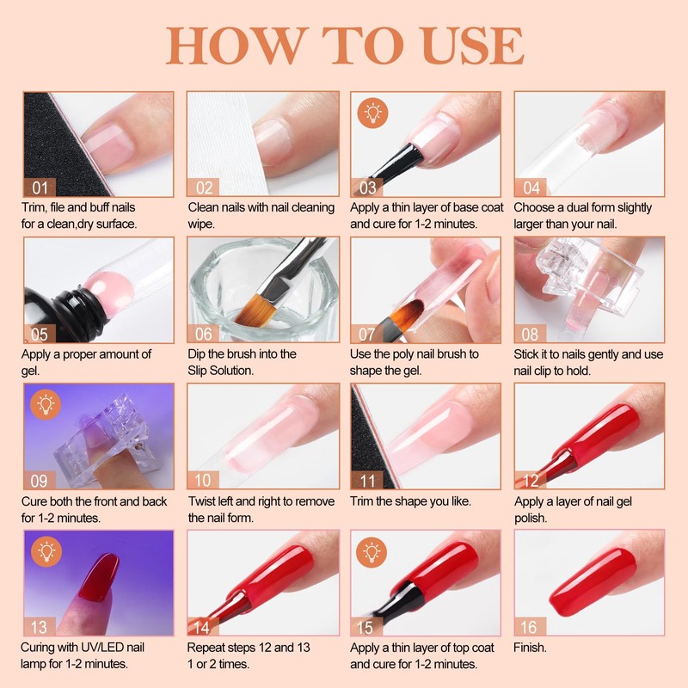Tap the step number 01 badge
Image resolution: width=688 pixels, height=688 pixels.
tap(40, 187)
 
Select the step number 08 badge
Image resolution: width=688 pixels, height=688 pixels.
tap(530, 334)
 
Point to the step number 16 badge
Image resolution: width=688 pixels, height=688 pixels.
tap(530, 627)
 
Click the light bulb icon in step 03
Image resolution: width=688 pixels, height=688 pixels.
tap(372, 113)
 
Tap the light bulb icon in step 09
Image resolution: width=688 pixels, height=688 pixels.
tap(46, 404)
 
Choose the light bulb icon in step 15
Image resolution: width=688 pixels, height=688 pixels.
tap(372, 551)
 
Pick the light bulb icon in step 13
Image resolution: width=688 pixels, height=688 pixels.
tap(46, 551)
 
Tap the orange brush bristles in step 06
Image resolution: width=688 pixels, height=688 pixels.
tap(254, 310)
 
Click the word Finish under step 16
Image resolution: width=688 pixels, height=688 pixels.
tap(530, 648)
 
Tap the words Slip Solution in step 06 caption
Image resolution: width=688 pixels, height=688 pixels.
tap(221, 371)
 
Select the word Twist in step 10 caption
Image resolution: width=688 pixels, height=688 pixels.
tap(204, 501)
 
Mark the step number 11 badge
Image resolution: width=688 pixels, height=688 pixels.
tap(367, 481)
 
